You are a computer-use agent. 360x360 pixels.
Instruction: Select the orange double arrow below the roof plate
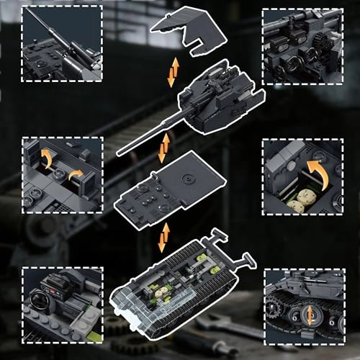[x=172, y=73]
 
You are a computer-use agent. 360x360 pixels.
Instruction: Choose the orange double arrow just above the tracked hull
[x=165, y=235]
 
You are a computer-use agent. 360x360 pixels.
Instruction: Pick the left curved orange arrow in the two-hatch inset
[x=45, y=158]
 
